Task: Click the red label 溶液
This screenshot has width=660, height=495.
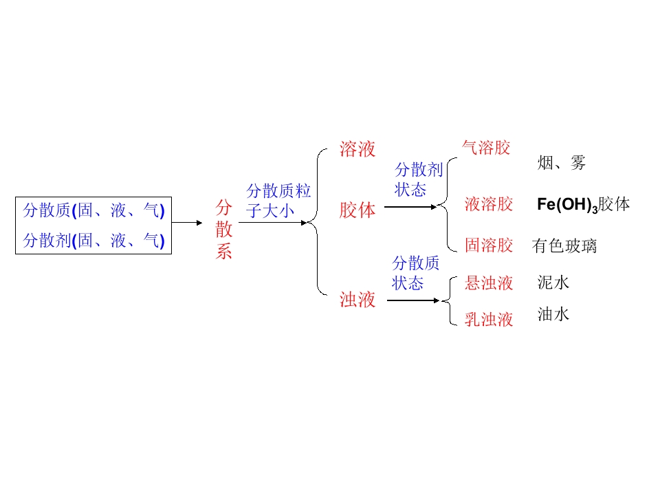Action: pos(357,149)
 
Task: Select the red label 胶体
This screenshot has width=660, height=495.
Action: pos(357,210)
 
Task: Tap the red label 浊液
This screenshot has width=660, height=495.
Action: pos(357,300)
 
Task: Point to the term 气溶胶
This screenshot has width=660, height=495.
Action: pos(486,148)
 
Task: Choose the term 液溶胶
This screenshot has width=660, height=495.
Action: pos(489,204)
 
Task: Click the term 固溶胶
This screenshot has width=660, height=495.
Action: pos(489,245)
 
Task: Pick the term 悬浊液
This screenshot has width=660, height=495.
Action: pos(489,283)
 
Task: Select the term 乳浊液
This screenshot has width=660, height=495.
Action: pos(489,319)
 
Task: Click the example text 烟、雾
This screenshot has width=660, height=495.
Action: pos(561,164)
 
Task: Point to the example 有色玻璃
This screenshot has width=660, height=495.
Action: pos(564,246)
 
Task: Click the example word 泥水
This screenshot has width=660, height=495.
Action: pos(553,283)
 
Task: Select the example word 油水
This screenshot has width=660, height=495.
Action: pos(553,315)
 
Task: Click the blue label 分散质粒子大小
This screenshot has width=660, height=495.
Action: pos(278,201)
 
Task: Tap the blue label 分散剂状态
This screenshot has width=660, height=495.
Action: pos(419,180)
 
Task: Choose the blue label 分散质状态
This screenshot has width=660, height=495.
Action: pos(415,273)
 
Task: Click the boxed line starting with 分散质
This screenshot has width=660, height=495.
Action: pos(94,210)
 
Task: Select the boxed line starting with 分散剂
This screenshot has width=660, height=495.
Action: pos(94,241)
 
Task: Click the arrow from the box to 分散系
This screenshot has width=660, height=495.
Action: pos(187,223)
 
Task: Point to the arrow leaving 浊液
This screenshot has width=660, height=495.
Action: pos(413,300)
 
